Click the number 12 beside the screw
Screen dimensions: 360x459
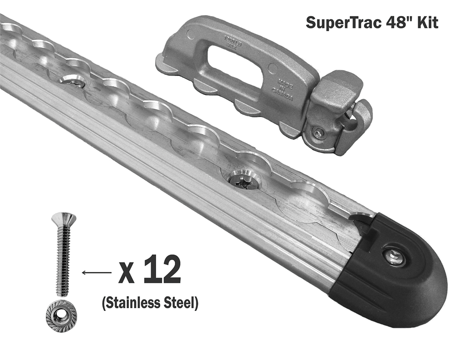point(161,271)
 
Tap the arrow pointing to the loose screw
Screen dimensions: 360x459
point(96,273)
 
